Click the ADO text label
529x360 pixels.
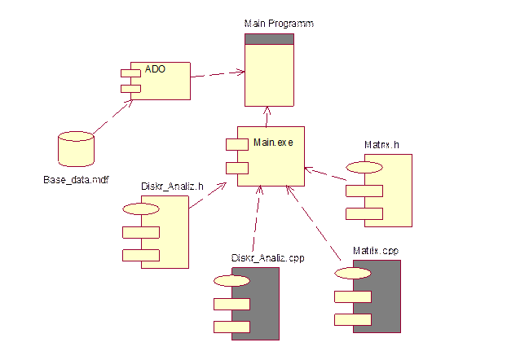[x=155, y=69]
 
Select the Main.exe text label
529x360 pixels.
[x=272, y=143]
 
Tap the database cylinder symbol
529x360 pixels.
[x=76, y=150]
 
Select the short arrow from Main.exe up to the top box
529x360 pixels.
[x=267, y=116]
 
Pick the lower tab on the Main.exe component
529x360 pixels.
[x=236, y=168]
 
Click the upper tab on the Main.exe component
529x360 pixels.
[x=236, y=145]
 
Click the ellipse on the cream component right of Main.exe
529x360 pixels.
[x=364, y=167]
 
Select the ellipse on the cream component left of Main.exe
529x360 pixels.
[x=141, y=209]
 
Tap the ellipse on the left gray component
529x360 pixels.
[x=231, y=281]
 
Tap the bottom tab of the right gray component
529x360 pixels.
[x=352, y=319]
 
